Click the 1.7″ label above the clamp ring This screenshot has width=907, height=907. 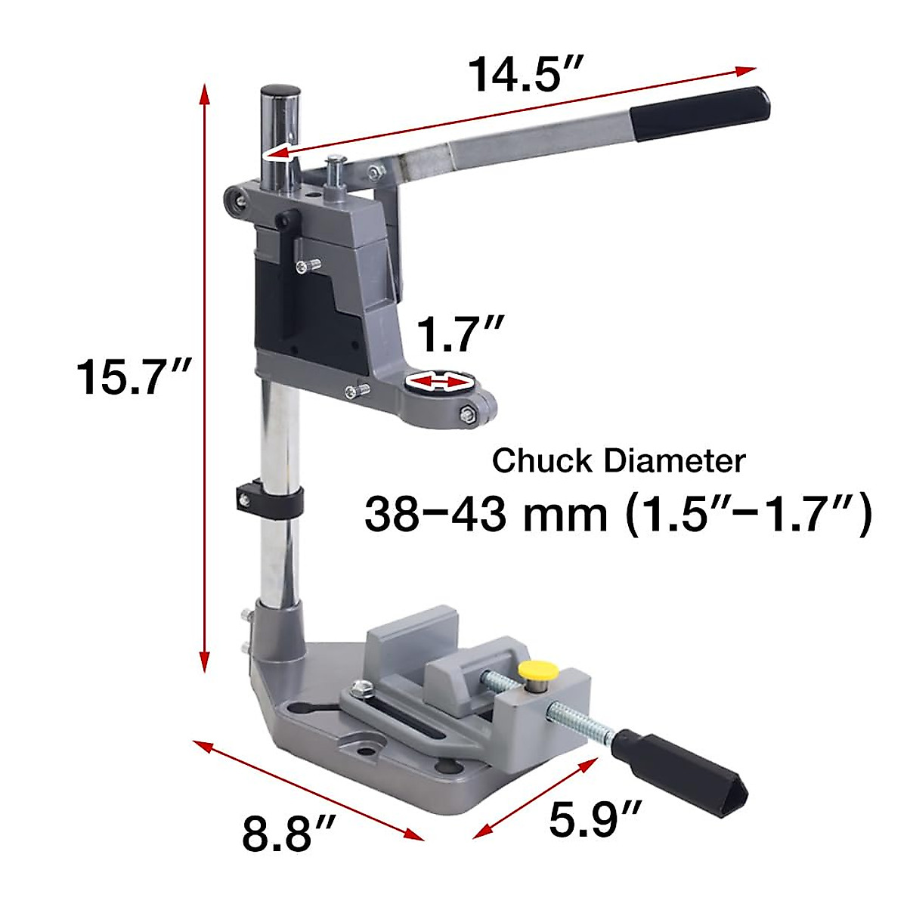click(460, 335)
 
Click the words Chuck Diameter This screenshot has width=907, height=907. click(618, 460)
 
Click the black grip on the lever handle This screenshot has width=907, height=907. click(701, 113)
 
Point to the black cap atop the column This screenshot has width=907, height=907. click(280, 91)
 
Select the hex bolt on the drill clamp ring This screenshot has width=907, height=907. click(466, 413)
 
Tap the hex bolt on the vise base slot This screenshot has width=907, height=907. click(361, 689)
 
